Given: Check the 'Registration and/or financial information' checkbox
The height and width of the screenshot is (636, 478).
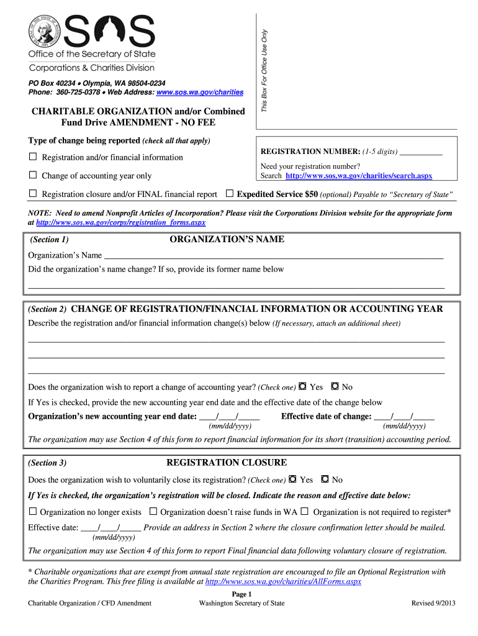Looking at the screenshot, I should point(33,157).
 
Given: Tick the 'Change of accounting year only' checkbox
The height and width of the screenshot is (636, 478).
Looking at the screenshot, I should point(33,176).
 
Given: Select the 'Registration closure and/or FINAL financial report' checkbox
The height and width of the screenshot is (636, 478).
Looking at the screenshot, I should point(33,194).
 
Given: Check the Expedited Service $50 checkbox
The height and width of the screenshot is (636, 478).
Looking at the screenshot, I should point(230,194).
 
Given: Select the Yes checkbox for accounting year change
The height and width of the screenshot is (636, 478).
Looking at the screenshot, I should point(302,386).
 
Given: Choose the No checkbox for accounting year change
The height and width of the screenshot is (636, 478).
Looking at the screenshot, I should point(335,386).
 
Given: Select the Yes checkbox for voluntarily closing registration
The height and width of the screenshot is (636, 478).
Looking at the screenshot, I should point(292,479).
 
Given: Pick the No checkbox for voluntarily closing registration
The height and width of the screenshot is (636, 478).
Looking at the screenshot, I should point(325,479).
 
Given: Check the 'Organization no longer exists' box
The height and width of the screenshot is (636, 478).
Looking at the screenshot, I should point(33,512).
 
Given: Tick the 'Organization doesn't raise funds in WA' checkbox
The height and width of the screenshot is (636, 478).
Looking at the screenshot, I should point(153,512).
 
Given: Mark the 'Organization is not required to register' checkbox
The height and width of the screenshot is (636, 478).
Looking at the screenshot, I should point(305,512).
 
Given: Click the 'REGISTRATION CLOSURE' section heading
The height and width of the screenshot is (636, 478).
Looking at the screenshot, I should point(227,463).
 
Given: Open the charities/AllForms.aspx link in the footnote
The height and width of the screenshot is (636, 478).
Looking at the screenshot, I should point(282,582).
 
